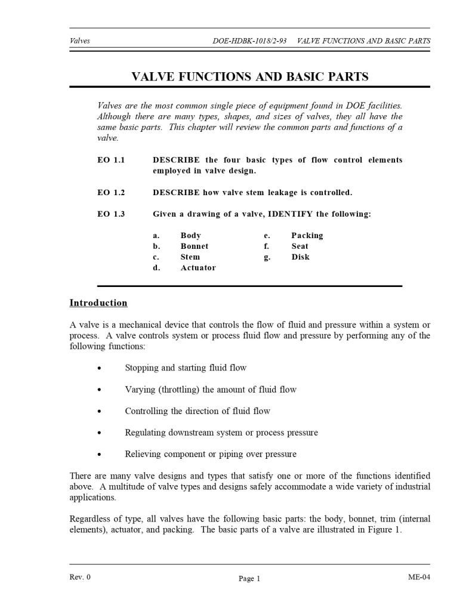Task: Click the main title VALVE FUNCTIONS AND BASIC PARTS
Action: (249, 76)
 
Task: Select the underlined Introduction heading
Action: (98, 303)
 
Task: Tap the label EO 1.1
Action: (111, 161)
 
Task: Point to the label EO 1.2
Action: (111, 193)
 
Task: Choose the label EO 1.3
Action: (111, 214)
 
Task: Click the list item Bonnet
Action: (195, 246)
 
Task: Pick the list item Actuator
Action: (198, 268)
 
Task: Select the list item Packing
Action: (307, 236)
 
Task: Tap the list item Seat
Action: (300, 246)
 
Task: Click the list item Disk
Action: (300, 257)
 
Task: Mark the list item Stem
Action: (190, 257)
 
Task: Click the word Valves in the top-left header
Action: (80, 41)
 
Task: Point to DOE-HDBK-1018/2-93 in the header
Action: (249, 41)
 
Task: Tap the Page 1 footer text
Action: (249, 578)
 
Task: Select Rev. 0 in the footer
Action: (80, 577)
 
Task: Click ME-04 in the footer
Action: (419, 577)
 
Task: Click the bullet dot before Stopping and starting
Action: (99, 368)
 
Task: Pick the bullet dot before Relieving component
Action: (99, 454)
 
